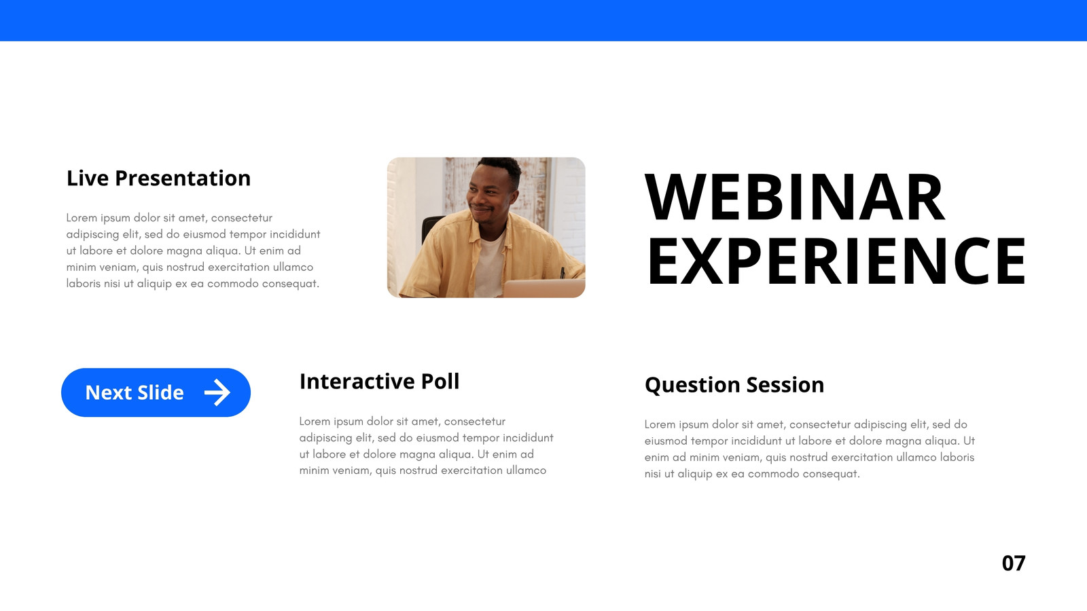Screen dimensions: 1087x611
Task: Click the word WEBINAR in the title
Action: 795,197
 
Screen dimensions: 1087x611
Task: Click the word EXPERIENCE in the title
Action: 836,261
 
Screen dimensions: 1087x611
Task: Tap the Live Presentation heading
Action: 158,179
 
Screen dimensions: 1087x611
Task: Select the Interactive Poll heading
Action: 379,381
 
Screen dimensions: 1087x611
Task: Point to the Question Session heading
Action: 734,385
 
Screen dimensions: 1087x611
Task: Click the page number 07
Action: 1014,563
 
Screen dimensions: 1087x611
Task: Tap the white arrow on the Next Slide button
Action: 217,392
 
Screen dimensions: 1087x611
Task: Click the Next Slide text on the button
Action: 135,393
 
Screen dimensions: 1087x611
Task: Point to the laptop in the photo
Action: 543,289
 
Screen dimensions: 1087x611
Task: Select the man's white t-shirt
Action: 489,264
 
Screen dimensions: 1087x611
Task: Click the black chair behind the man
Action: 430,228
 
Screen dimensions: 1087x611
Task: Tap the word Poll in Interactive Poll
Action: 440,381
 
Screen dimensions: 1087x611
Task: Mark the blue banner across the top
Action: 543,20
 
